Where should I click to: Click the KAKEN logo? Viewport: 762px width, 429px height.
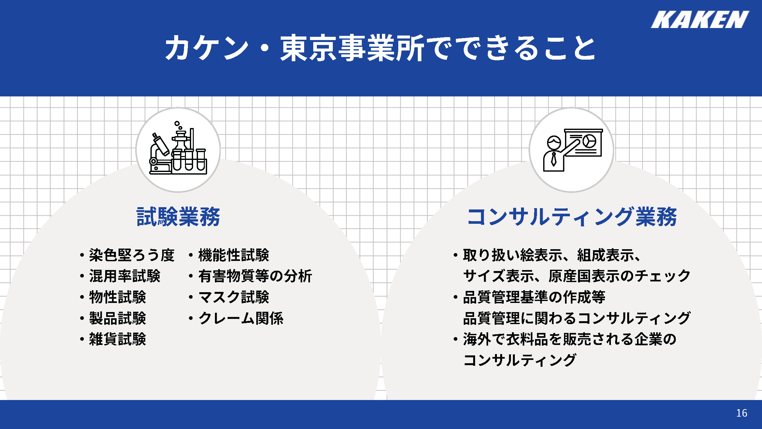[x=700, y=20]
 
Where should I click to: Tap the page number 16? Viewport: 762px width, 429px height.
[x=742, y=413]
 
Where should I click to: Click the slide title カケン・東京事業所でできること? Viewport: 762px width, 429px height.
[x=380, y=48]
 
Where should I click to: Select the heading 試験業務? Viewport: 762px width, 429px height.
[x=178, y=217]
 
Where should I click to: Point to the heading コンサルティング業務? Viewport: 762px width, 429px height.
[x=572, y=217]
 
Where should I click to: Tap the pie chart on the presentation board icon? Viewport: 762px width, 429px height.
[x=589, y=141]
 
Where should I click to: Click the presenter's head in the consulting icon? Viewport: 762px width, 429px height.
[x=554, y=143]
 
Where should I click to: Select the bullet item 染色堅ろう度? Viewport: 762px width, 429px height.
[x=132, y=255]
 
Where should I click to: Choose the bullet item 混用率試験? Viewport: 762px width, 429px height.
[x=125, y=276]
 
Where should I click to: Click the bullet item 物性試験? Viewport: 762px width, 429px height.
[x=118, y=297]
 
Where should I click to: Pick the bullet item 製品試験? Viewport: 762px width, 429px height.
[x=118, y=318]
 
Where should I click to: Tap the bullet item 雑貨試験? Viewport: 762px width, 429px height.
[x=118, y=339]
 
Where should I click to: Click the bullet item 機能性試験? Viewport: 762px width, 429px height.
[x=234, y=255]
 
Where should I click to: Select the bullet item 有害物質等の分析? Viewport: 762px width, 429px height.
[x=255, y=276]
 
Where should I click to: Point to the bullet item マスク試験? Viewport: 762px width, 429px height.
[x=234, y=297]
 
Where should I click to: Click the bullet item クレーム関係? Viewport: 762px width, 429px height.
[x=241, y=318]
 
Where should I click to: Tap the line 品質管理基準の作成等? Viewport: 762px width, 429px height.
[x=534, y=297]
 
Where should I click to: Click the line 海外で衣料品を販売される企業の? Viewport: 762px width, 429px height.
[x=570, y=339]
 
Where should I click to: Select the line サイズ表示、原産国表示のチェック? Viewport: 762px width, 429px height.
[x=577, y=276]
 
